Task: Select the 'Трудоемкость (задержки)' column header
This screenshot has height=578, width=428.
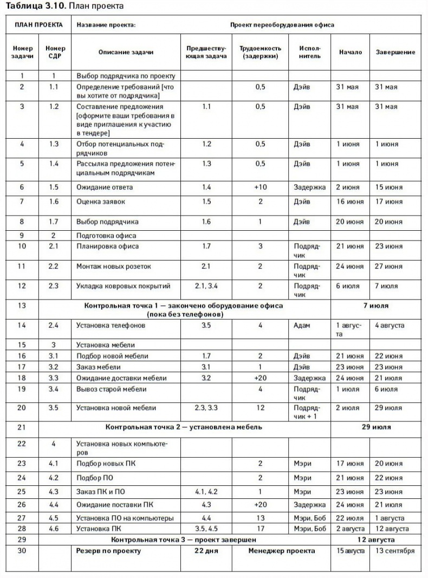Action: (260, 52)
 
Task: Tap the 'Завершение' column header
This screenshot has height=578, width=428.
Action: (395, 52)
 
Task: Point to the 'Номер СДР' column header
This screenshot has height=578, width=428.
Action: (54, 52)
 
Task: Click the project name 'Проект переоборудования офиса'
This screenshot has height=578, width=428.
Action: (282, 25)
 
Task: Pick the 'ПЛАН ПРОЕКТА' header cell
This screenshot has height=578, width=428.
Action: (38, 25)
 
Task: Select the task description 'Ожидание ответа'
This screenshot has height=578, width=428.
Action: (105, 187)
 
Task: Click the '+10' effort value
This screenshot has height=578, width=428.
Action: (260, 187)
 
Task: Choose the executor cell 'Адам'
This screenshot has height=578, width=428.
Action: (302, 326)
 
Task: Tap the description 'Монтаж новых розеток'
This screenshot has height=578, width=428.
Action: (114, 267)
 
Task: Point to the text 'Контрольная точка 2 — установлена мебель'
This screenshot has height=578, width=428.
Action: (184, 427)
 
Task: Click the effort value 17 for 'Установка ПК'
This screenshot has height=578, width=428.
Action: (260, 529)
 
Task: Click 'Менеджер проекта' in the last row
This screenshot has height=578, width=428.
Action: (282, 551)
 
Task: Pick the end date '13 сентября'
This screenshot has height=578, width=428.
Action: (395, 551)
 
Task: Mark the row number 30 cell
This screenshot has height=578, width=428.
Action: (22, 551)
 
